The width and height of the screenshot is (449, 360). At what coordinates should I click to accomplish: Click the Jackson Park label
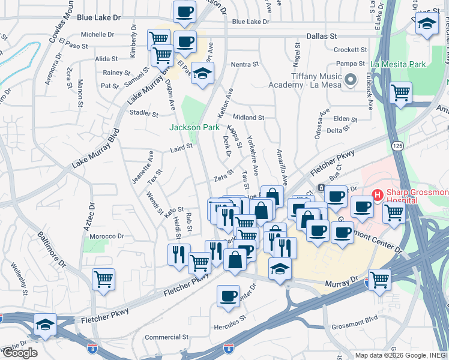(194, 127)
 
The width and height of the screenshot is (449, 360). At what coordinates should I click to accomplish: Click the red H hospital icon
(378, 194)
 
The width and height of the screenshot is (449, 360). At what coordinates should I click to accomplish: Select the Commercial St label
(167, 337)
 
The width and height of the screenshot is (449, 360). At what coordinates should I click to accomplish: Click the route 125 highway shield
(397, 146)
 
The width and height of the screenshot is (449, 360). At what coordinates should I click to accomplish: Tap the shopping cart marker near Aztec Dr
(104, 279)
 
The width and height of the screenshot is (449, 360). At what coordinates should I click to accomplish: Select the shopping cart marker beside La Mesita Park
(400, 93)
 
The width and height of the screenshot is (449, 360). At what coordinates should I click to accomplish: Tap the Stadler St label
(143, 113)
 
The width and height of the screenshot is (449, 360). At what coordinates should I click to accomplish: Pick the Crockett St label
(350, 50)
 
